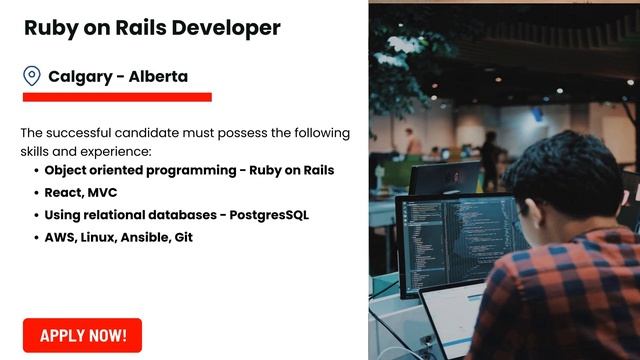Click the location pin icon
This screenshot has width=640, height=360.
tap(32, 76)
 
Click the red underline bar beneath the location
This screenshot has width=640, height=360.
tap(117, 97)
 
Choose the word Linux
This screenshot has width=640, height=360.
tap(103, 238)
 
